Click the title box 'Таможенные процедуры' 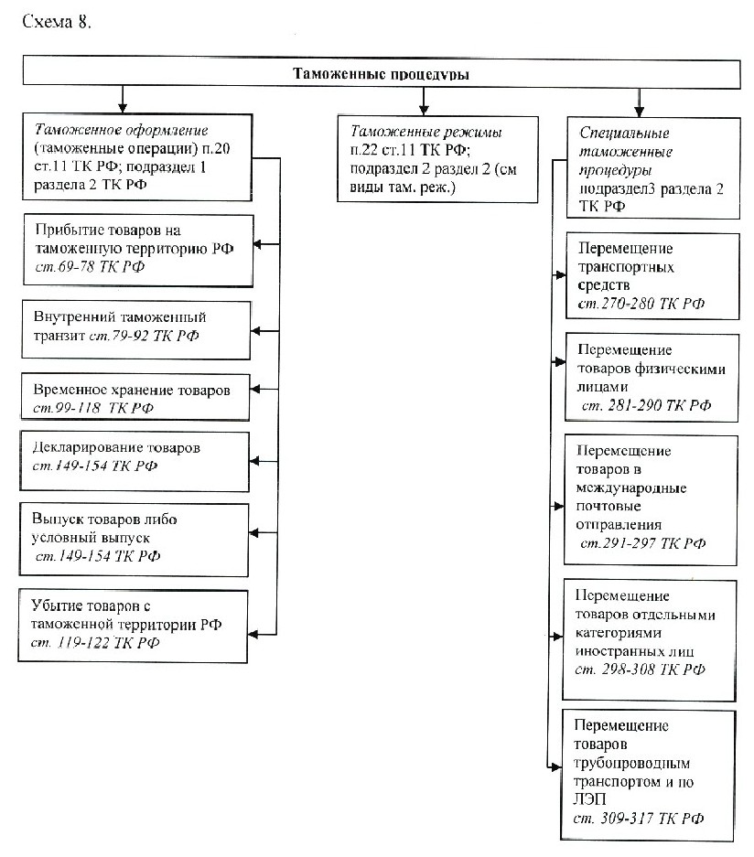[x=381, y=72]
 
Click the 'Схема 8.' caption [x=57, y=21]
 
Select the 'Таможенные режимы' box [x=437, y=159]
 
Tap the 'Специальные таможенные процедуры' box [x=653, y=167]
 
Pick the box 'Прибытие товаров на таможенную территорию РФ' [x=138, y=251]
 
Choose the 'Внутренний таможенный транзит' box [x=136, y=329]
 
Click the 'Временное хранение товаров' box [x=135, y=397]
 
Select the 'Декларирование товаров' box [x=135, y=461]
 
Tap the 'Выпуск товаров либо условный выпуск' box [x=134, y=540]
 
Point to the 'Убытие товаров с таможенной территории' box [x=133, y=626]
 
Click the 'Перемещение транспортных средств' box [x=652, y=276]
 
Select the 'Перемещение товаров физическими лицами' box [x=652, y=378]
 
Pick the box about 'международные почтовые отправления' [x=651, y=500]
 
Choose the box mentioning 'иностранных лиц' [x=650, y=640]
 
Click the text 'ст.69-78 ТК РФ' [x=90, y=267]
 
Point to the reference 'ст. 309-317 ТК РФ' [x=638, y=819]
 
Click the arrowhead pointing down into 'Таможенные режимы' [x=424, y=109]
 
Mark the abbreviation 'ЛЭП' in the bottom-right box [x=589, y=799]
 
